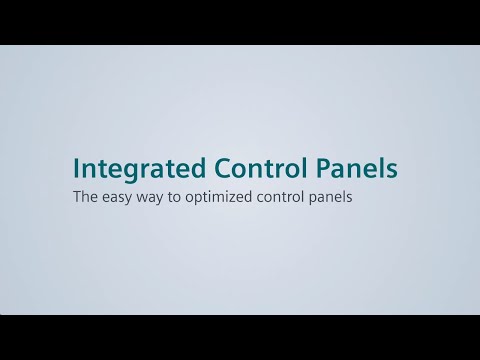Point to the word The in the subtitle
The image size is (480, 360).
(84, 197)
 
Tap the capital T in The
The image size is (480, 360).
(76, 197)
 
